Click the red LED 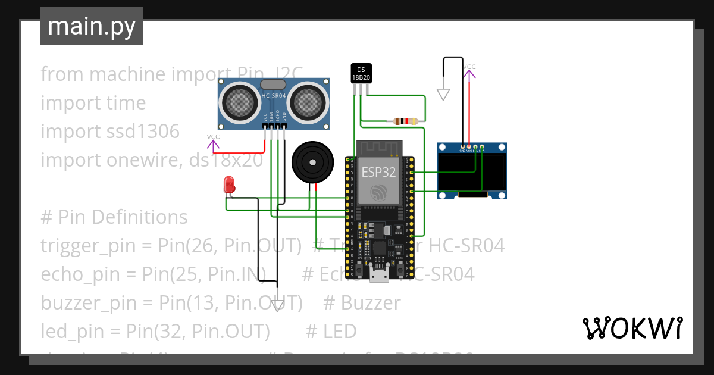coord(228,184)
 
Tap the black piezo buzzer coord(311,161)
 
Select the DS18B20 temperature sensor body coord(361,73)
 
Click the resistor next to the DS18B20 coord(405,121)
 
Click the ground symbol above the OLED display coord(443,94)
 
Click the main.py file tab coord(92,26)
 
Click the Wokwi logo coord(632,328)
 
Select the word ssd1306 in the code coord(141,132)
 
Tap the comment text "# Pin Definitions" coord(114,217)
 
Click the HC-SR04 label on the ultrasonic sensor coord(274,96)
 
